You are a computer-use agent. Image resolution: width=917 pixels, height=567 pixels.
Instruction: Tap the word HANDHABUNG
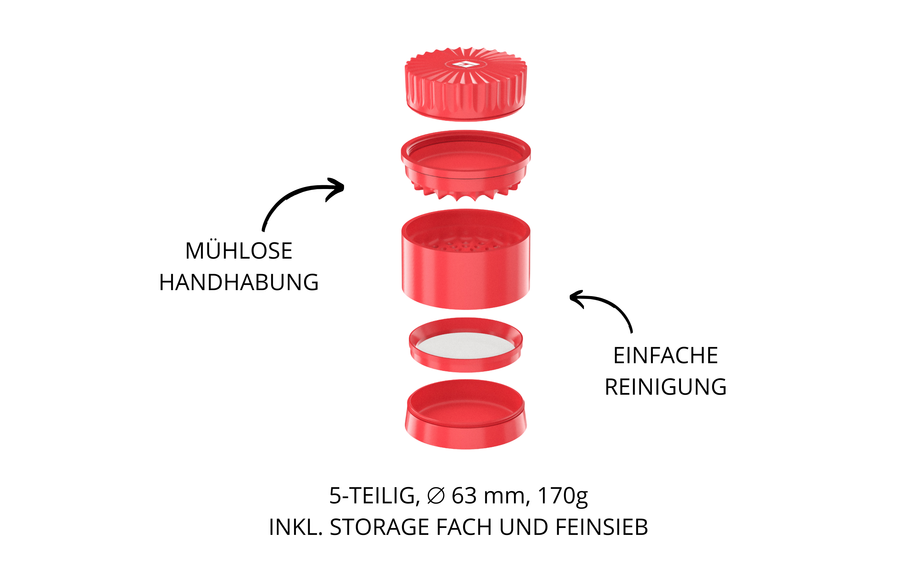tap(239, 282)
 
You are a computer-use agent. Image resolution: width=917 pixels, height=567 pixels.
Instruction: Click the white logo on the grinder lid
tap(465, 65)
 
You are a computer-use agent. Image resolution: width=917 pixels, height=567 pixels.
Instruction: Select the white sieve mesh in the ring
tap(465, 345)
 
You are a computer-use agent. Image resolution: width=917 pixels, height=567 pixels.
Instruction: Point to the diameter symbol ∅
tap(436, 496)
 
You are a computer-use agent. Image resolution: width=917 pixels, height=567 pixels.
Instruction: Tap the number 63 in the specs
tap(464, 496)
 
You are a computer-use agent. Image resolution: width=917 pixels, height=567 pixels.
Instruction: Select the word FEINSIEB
tap(602, 527)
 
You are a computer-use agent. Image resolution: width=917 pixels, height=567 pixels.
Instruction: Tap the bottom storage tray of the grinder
tap(465, 414)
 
